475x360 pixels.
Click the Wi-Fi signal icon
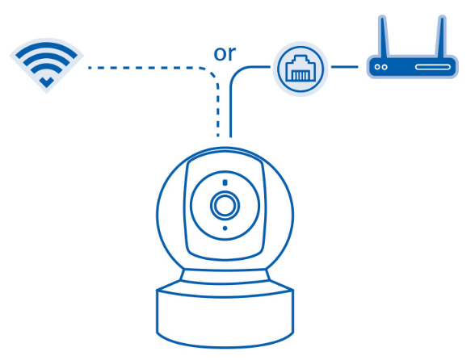46,65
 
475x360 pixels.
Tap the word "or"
225,53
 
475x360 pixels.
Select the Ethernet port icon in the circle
301,69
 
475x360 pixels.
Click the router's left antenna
383,36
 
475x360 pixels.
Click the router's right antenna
442,36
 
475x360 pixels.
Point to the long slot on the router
433,67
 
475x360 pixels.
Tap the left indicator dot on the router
377,67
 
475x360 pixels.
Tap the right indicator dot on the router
385,67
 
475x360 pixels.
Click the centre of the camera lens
225,205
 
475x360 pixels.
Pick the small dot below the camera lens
225,228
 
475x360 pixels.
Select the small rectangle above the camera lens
225,182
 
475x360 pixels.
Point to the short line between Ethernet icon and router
344,67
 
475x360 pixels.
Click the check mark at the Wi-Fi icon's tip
46,82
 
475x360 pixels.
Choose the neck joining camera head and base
225,276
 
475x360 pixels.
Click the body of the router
412,67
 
